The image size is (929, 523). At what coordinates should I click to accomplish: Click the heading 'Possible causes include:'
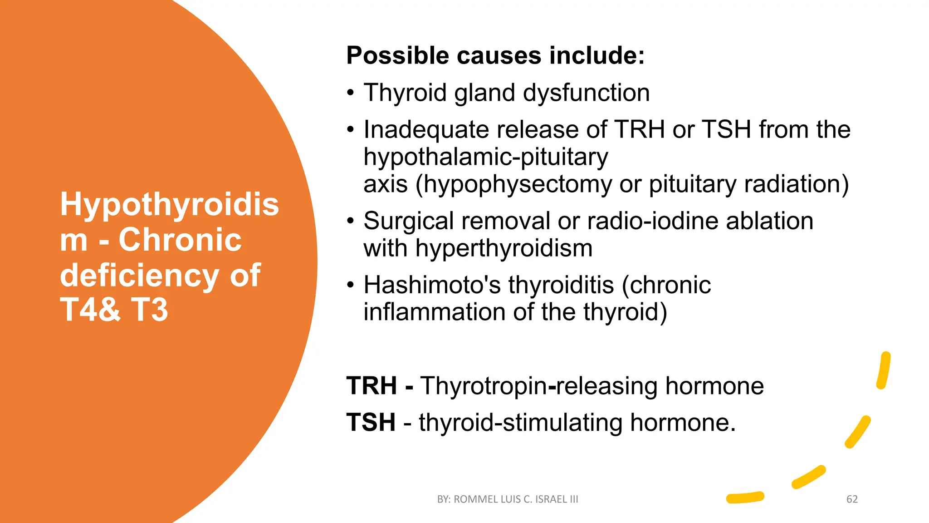495,56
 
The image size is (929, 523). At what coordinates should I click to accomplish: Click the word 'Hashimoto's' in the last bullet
432,285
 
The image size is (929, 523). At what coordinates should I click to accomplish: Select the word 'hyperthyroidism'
504,248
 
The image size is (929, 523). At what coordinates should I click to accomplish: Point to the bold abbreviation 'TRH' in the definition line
372,386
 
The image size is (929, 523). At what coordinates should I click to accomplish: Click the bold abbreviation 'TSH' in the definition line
371,422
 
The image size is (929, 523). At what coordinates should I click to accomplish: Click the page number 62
852,499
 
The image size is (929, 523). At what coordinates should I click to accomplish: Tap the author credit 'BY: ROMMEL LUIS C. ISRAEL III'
507,499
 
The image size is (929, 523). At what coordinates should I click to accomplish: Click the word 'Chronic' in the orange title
180,240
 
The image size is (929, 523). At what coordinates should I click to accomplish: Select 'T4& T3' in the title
114,310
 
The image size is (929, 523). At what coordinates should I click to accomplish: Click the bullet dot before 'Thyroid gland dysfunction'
350,93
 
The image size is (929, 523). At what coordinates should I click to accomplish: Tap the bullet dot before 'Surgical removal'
350,222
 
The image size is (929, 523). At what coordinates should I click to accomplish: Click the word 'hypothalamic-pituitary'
485,157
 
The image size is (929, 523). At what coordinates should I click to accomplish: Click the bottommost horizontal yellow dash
745,498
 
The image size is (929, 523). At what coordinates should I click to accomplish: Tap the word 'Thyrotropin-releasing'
538,386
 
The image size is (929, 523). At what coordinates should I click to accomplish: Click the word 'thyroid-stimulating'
520,422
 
